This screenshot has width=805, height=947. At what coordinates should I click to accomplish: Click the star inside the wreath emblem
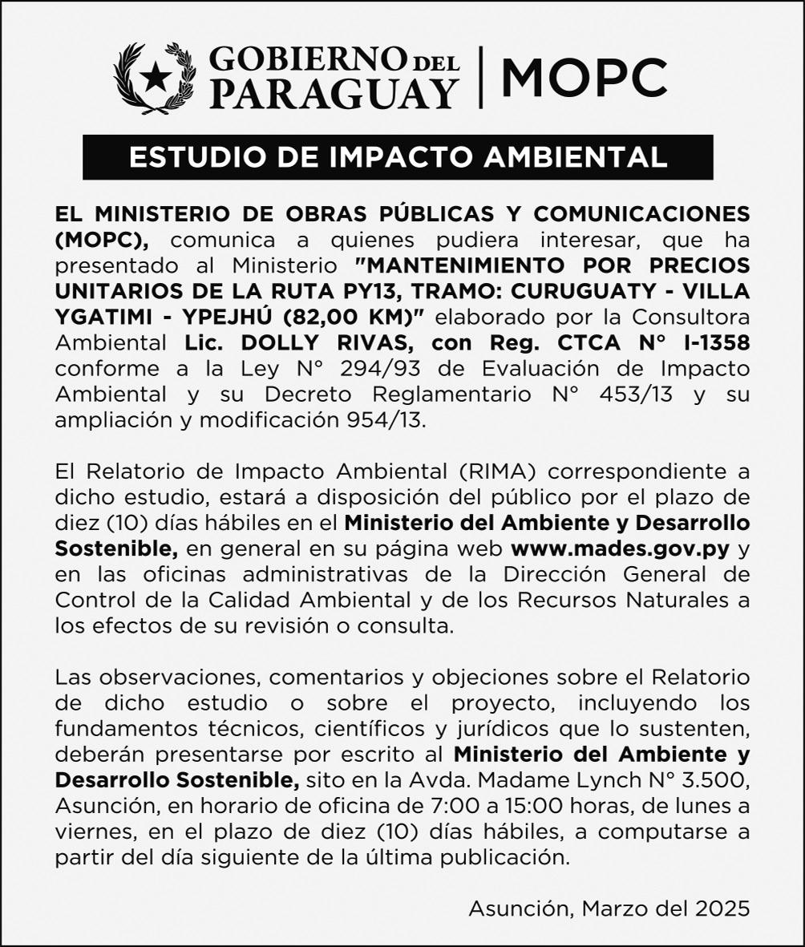pyautogui.click(x=156, y=78)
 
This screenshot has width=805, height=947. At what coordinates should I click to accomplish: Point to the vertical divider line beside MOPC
pyautogui.click(x=480, y=77)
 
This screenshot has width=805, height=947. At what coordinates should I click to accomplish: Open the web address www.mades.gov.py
pyautogui.click(x=620, y=549)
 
